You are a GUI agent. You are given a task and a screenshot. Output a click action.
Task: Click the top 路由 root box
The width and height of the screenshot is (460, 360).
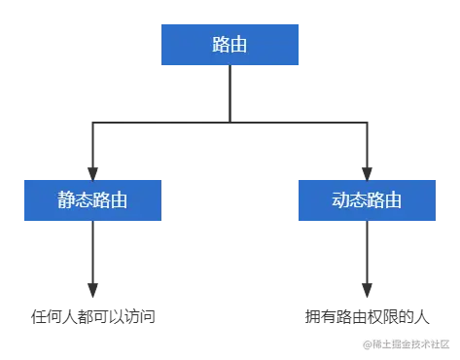[230, 46]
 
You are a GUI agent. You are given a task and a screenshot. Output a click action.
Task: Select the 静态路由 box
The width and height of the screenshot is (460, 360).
[93, 201]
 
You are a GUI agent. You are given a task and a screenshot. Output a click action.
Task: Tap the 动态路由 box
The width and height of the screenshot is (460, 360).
[367, 201]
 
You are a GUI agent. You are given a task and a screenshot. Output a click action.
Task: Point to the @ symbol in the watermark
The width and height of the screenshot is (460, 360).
[367, 343]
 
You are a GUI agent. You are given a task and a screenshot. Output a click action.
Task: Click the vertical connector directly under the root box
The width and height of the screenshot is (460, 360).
[230, 92]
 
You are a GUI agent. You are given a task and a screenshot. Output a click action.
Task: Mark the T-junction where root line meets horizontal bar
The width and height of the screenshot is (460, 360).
[230, 119]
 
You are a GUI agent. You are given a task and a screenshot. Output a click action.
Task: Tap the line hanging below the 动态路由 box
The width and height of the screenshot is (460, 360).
[367, 263]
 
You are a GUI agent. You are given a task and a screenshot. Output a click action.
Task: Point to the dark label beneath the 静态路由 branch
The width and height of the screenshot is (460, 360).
[89, 314]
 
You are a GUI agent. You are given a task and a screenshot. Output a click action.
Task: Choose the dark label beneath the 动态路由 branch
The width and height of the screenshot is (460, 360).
[367, 314]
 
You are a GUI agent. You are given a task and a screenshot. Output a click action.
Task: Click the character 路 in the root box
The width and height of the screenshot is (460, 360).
[221, 46]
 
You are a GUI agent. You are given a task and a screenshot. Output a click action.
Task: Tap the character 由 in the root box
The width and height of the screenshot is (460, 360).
[239, 46]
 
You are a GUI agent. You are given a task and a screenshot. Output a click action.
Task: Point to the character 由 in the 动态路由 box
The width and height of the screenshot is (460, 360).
[393, 201]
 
